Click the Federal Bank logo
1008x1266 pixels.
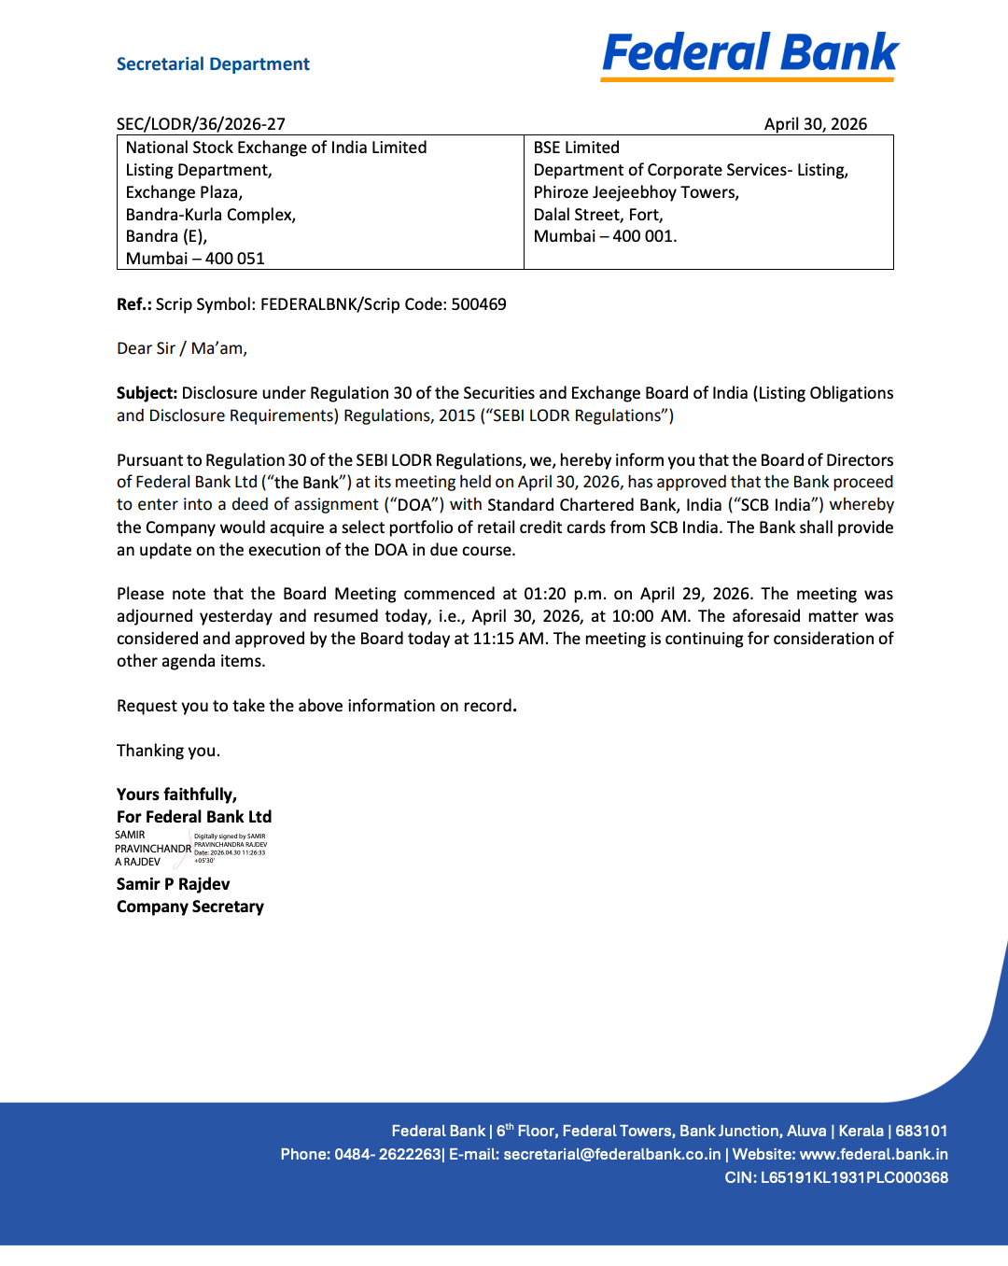(x=749, y=54)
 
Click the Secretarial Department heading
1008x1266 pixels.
(x=213, y=64)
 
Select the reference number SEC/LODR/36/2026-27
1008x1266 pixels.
(x=201, y=124)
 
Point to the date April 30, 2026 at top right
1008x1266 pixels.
(x=815, y=124)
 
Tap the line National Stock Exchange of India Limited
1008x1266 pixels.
(x=276, y=148)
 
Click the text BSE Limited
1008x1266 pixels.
(x=576, y=148)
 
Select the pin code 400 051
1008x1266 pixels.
(x=235, y=259)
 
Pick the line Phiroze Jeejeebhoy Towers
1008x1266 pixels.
(x=636, y=192)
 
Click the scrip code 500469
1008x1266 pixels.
(x=479, y=304)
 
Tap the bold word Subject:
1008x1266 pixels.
(x=147, y=393)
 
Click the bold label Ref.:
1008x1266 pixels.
(x=134, y=304)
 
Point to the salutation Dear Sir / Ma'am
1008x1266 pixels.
(x=182, y=348)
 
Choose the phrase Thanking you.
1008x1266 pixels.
(x=168, y=751)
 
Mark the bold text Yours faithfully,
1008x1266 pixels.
(x=176, y=795)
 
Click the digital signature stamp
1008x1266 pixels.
(x=191, y=849)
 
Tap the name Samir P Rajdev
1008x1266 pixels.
(x=173, y=884)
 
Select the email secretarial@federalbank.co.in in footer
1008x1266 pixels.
(x=612, y=1155)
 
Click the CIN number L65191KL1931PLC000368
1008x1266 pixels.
(x=854, y=1178)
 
